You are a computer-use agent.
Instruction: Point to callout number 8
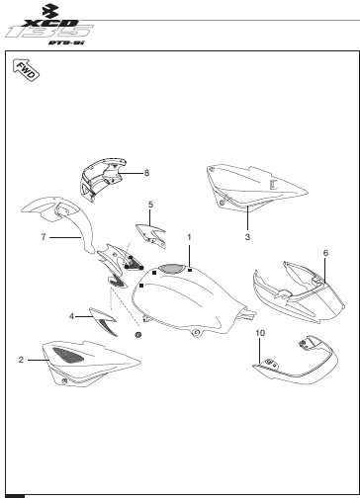point(145,173)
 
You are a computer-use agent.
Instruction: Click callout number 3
point(247,238)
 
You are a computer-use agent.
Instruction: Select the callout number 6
point(325,253)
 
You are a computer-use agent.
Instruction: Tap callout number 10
point(260,334)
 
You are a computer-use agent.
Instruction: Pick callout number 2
point(21,360)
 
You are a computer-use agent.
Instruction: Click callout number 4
point(72,316)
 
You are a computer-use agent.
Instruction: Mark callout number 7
point(44,238)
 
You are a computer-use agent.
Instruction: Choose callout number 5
point(150,206)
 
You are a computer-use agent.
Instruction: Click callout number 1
point(189,238)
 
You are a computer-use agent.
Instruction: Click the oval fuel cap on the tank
point(174,267)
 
